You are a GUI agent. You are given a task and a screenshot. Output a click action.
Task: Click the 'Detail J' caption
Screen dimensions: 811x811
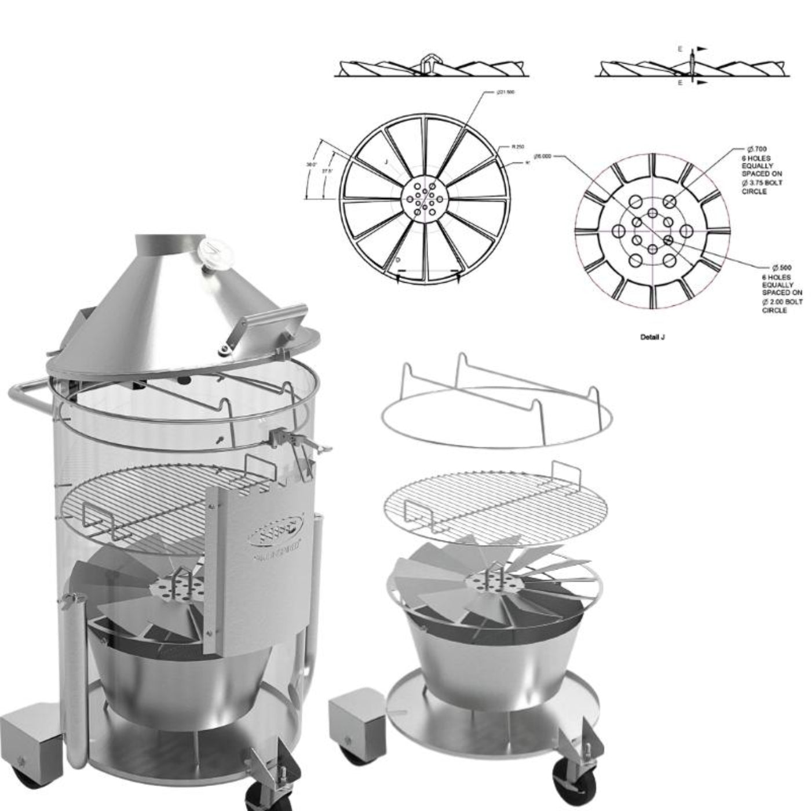pos(652,337)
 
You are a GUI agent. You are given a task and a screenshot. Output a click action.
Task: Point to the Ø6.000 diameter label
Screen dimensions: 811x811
pos(542,156)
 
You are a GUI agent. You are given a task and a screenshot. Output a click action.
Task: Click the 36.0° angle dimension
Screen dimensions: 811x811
pos(311,165)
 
